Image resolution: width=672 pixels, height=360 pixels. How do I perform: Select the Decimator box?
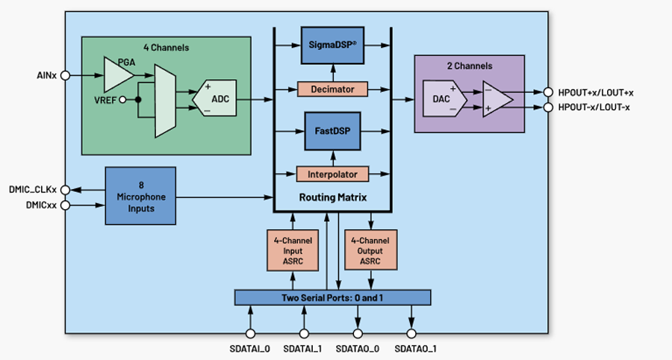coord(333,89)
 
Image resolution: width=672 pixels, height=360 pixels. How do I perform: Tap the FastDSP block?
coord(333,130)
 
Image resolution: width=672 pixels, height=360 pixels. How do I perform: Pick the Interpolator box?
coord(333,174)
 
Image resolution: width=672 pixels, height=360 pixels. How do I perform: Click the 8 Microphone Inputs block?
coord(140,196)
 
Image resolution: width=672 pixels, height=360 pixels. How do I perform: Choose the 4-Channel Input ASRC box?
coord(292,250)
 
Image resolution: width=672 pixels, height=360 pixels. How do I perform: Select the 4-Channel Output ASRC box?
coord(371,250)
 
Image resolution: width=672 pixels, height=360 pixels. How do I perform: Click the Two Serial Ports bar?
coord(333,297)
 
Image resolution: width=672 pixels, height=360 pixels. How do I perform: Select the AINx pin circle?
coord(65,75)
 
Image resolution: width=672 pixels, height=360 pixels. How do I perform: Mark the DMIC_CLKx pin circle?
coord(65,190)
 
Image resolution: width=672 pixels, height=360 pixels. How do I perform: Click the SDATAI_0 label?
coord(250,349)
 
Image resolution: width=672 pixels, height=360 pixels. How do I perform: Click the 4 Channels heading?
coord(166,48)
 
